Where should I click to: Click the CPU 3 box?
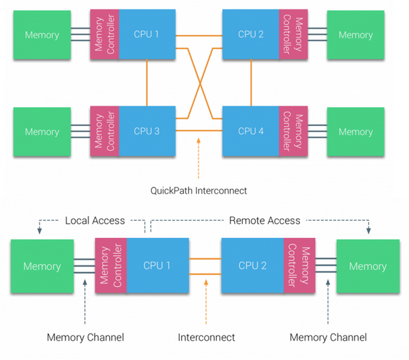[x=147, y=131]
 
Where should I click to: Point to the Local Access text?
[x=95, y=220]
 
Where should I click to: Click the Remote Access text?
[x=264, y=220]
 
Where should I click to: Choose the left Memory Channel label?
[x=85, y=337]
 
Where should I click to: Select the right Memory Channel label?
[x=328, y=337]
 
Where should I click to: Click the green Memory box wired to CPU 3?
[x=42, y=131]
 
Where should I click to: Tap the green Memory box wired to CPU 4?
[x=355, y=131]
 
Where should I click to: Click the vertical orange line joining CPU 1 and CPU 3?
[x=147, y=82]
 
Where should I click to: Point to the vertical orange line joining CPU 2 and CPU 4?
[x=252, y=82]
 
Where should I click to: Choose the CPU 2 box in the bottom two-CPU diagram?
[x=252, y=266]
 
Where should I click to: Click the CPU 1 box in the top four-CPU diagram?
[x=147, y=34]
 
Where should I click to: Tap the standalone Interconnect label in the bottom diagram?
[x=207, y=337]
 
